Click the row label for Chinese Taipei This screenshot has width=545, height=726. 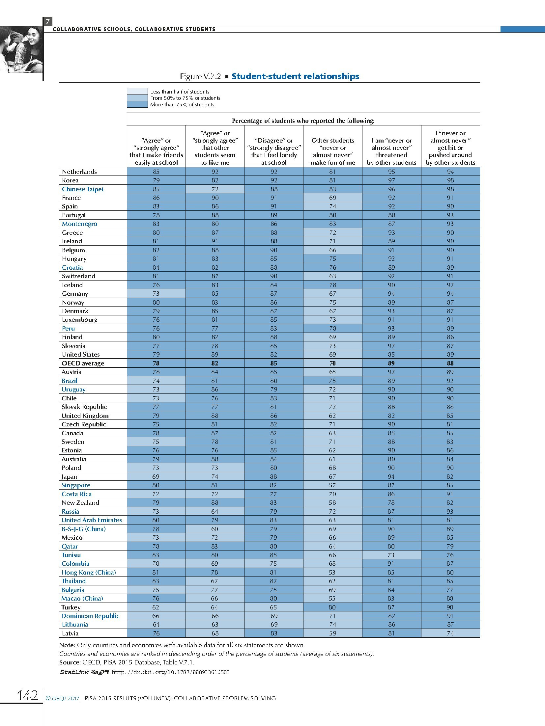[x=83, y=189]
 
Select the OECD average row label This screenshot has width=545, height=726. [x=83, y=363]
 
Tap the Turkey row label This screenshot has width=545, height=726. [x=71, y=607]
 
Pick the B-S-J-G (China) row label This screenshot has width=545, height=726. [x=84, y=529]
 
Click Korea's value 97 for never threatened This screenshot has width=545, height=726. [x=391, y=180]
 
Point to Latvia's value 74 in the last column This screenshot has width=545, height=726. [x=450, y=633]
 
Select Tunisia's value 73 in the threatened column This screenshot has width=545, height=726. [x=391, y=555]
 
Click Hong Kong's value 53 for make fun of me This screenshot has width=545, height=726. [x=332, y=572]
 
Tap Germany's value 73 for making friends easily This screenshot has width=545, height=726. [x=156, y=294]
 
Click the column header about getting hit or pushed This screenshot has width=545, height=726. [x=450, y=148]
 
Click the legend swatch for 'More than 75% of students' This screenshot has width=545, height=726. [x=137, y=104]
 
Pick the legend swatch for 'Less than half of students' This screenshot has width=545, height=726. [x=137, y=92]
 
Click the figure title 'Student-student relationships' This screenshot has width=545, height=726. [x=295, y=76]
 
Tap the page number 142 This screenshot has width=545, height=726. [x=28, y=696]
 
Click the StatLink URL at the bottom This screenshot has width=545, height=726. [x=170, y=672]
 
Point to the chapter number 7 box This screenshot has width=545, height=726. [x=48, y=22]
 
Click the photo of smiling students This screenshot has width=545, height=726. [x=21, y=49]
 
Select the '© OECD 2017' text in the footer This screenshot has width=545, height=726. [x=63, y=698]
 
